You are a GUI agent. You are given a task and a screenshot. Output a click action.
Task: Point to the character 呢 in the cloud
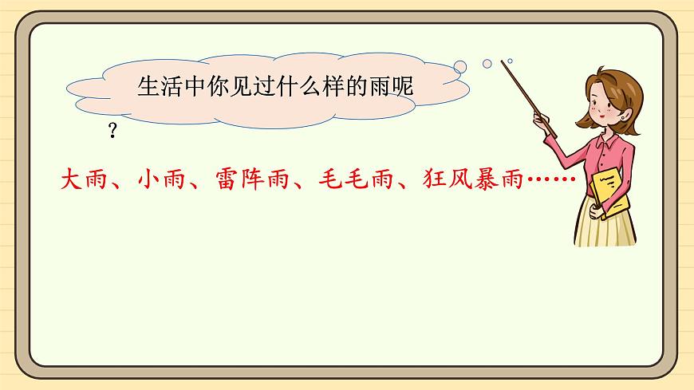click(405, 86)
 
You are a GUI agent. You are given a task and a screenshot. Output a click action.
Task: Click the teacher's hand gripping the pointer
click(547, 124)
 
